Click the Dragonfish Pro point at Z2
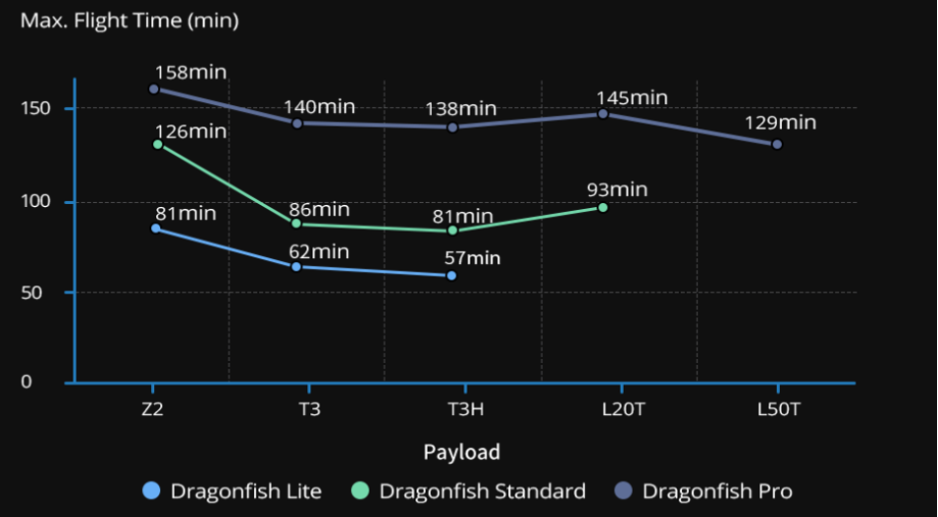tap(154, 89)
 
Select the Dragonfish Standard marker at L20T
tap(602, 208)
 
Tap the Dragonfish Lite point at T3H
tap(451, 276)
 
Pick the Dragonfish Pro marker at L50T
tap(777, 144)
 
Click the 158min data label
tap(189, 73)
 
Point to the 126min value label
tap(189, 131)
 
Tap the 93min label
tap(617, 190)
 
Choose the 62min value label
tap(319, 251)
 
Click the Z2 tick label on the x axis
tap(152, 409)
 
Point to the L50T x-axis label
tap(779, 409)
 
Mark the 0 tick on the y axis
tap(27, 382)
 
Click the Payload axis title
tap(462, 452)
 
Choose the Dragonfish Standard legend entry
tap(469, 491)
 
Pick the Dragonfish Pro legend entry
tap(703, 491)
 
